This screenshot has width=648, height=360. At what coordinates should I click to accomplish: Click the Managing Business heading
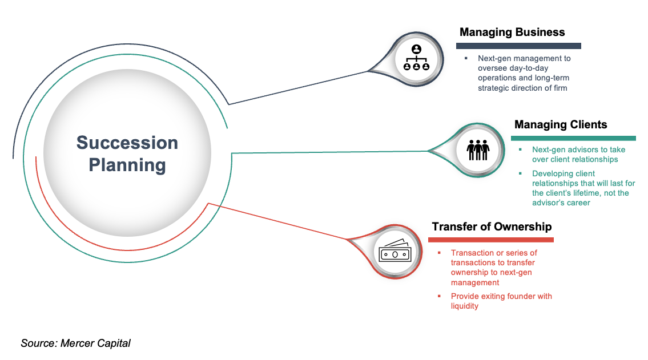[512, 32]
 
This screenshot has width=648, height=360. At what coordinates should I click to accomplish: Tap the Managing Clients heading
[561, 124]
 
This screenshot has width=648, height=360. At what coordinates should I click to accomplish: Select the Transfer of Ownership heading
[492, 226]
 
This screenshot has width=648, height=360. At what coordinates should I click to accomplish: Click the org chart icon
[416, 58]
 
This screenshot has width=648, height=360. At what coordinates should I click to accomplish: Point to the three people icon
[478, 150]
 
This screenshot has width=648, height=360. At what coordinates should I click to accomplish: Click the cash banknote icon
[394, 252]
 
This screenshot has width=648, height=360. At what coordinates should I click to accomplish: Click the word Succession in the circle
[127, 143]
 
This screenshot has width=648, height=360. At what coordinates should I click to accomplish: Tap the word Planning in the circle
[127, 165]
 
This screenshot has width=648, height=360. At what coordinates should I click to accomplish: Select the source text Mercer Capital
[75, 343]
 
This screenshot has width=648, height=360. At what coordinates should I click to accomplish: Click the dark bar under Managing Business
[518, 46]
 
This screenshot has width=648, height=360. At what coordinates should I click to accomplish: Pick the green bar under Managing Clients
[573, 138]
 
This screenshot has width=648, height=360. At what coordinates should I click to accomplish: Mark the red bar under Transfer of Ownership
[491, 240]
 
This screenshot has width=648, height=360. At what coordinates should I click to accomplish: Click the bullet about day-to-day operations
[524, 73]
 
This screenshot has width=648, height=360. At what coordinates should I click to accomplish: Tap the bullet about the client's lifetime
[583, 188]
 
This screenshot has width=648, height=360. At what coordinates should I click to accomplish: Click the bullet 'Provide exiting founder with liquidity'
[501, 301]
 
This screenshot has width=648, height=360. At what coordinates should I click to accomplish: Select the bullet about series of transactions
[494, 268]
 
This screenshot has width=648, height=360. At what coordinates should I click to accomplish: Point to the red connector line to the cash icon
[280, 221]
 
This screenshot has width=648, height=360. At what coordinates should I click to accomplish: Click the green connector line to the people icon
[331, 152]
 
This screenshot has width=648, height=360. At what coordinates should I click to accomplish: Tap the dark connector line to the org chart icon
[297, 88]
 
